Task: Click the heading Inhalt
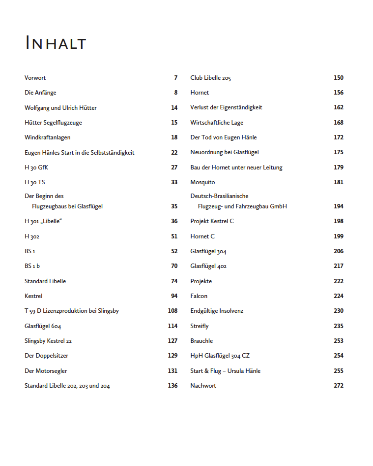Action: [x=56, y=43]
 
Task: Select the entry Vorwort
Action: [x=35, y=78]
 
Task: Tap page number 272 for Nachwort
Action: [x=338, y=386]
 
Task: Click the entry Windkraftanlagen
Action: [x=48, y=137]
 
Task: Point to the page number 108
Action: [x=172, y=311]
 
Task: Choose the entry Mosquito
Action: [x=202, y=182]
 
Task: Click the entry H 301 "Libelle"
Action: [x=43, y=221]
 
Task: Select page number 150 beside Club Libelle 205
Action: [x=338, y=78]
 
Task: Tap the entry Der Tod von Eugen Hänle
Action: [x=224, y=137]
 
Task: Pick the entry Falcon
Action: [x=199, y=296]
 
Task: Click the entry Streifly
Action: [x=200, y=326]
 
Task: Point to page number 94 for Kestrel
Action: [x=174, y=296]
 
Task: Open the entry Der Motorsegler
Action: [x=46, y=371]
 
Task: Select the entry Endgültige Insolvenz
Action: [x=217, y=311]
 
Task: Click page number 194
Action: [x=338, y=206]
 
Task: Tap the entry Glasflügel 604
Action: [x=43, y=326]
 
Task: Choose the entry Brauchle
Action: [x=201, y=341]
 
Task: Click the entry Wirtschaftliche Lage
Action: [x=217, y=123]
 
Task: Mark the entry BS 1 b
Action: [x=32, y=266]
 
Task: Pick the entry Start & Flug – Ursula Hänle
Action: [x=226, y=371]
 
